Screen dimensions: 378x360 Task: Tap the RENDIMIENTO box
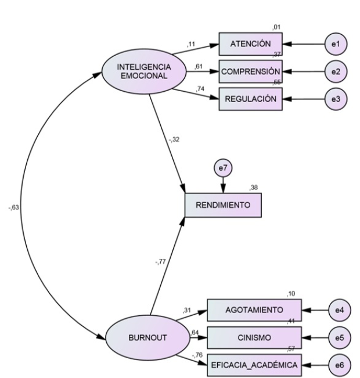[x=223, y=205]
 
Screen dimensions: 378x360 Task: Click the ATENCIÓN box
[x=250, y=44]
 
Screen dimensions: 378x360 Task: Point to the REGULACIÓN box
[x=250, y=99]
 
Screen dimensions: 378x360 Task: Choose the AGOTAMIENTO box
[x=254, y=310]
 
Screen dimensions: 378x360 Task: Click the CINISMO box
[x=254, y=337]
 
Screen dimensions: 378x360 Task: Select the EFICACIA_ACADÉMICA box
[x=254, y=365]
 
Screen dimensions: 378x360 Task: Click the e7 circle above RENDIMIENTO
[x=222, y=169]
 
